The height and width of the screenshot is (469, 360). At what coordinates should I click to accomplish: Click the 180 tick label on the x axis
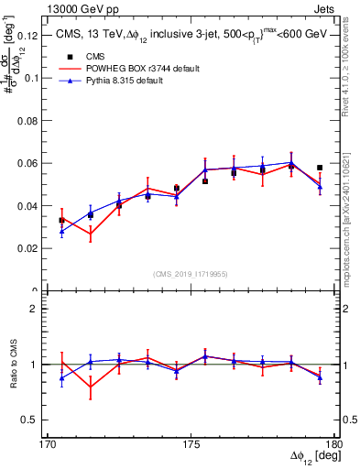(333, 443)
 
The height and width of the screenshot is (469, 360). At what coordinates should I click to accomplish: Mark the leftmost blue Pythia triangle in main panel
(61, 232)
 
